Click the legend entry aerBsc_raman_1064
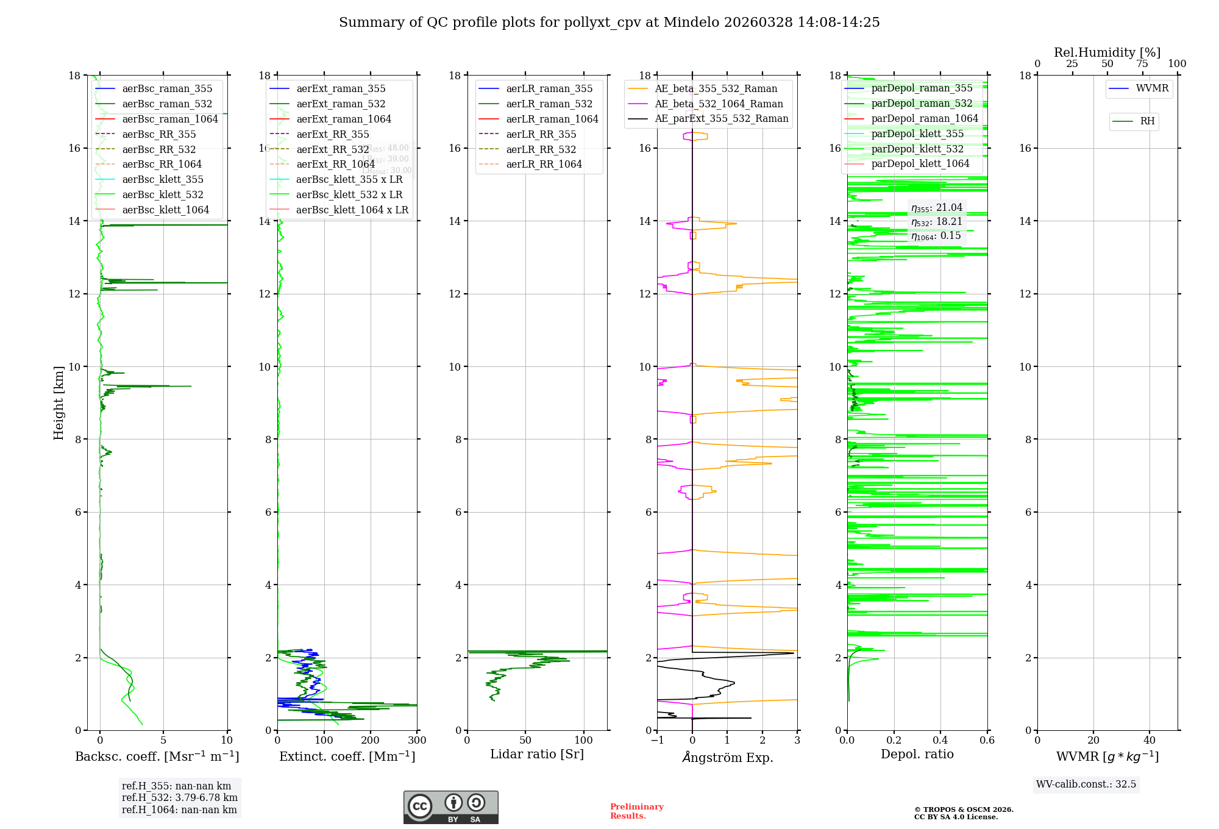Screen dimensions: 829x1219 coord(170,119)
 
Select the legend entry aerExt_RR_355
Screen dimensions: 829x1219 coord(332,135)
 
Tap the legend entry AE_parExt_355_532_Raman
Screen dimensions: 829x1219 coord(721,119)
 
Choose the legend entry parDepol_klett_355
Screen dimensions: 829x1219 coord(917,134)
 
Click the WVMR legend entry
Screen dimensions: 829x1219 coord(1152,89)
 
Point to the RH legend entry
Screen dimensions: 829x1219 coord(1147,121)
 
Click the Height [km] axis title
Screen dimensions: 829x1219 coord(59,402)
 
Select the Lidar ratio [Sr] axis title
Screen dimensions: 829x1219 coord(537,755)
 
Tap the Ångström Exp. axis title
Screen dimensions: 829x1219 coord(727,758)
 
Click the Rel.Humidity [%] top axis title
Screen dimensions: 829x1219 coord(1107,53)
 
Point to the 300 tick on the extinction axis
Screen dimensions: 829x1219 coord(418,741)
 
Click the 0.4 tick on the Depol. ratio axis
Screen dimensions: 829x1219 coord(940,741)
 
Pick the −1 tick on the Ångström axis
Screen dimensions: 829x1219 coord(657,741)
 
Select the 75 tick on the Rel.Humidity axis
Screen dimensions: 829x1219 coord(1142,64)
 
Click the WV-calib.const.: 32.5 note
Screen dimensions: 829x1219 coord(1086,785)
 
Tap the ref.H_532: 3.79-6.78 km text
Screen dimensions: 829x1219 coord(180,798)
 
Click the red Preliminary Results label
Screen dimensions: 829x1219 coord(636,811)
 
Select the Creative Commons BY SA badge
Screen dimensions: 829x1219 coord(450,808)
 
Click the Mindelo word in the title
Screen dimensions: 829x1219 coord(691,23)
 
